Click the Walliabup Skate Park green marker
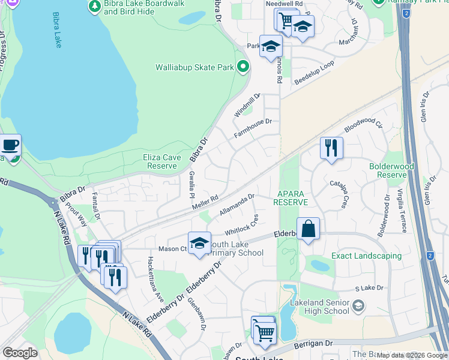pos(243,67)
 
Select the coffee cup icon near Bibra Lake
pos(10,145)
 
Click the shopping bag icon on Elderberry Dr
pos(308,229)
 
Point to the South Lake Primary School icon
pos(200,243)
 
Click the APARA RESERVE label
pos(291,199)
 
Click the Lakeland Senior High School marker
pos(358,307)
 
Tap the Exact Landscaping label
pos(367,256)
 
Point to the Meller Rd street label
pos(205,202)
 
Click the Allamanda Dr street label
pos(237,204)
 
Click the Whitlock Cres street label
pos(241,226)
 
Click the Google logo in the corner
pos(20,352)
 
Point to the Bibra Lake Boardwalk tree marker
pos(94,6)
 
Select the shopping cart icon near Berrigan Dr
pos(264,331)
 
